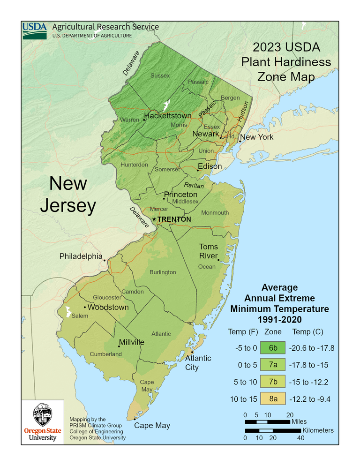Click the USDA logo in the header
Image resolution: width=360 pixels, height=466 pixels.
pyautogui.click(x=35, y=30)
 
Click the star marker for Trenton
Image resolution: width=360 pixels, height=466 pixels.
pyautogui.click(x=154, y=219)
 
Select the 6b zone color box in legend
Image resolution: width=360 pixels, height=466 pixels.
pyautogui.click(x=272, y=348)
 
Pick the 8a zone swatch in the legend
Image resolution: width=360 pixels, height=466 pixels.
pyautogui.click(x=272, y=398)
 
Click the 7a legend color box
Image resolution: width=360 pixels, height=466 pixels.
pyautogui.click(x=272, y=365)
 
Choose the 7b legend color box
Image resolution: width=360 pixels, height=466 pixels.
pyautogui.click(x=272, y=382)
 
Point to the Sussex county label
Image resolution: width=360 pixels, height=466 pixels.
pyautogui.click(x=160, y=75)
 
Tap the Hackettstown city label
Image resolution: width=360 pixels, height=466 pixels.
pyautogui.click(x=168, y=116)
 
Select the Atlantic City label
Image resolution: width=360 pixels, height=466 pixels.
pyautogui.click(x=198, y=362)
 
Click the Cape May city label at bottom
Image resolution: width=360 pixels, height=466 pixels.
pyautogui.click(x=152, y=426)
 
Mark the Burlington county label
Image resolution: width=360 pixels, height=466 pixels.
pyautogui.click(x=163, y=272)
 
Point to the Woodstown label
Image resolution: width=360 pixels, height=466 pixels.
pyautogui.click(x=108, y=308)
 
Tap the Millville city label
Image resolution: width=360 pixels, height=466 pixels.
pyautogui.click(x=131, y=342)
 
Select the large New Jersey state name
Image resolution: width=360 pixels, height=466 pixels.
pyautogui.click(x=68, y=195)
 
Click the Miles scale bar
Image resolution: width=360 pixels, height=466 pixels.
pyautogui.click(x=267, y=422)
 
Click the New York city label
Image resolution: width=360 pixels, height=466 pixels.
pyautogui.click(x=257, y=137)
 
